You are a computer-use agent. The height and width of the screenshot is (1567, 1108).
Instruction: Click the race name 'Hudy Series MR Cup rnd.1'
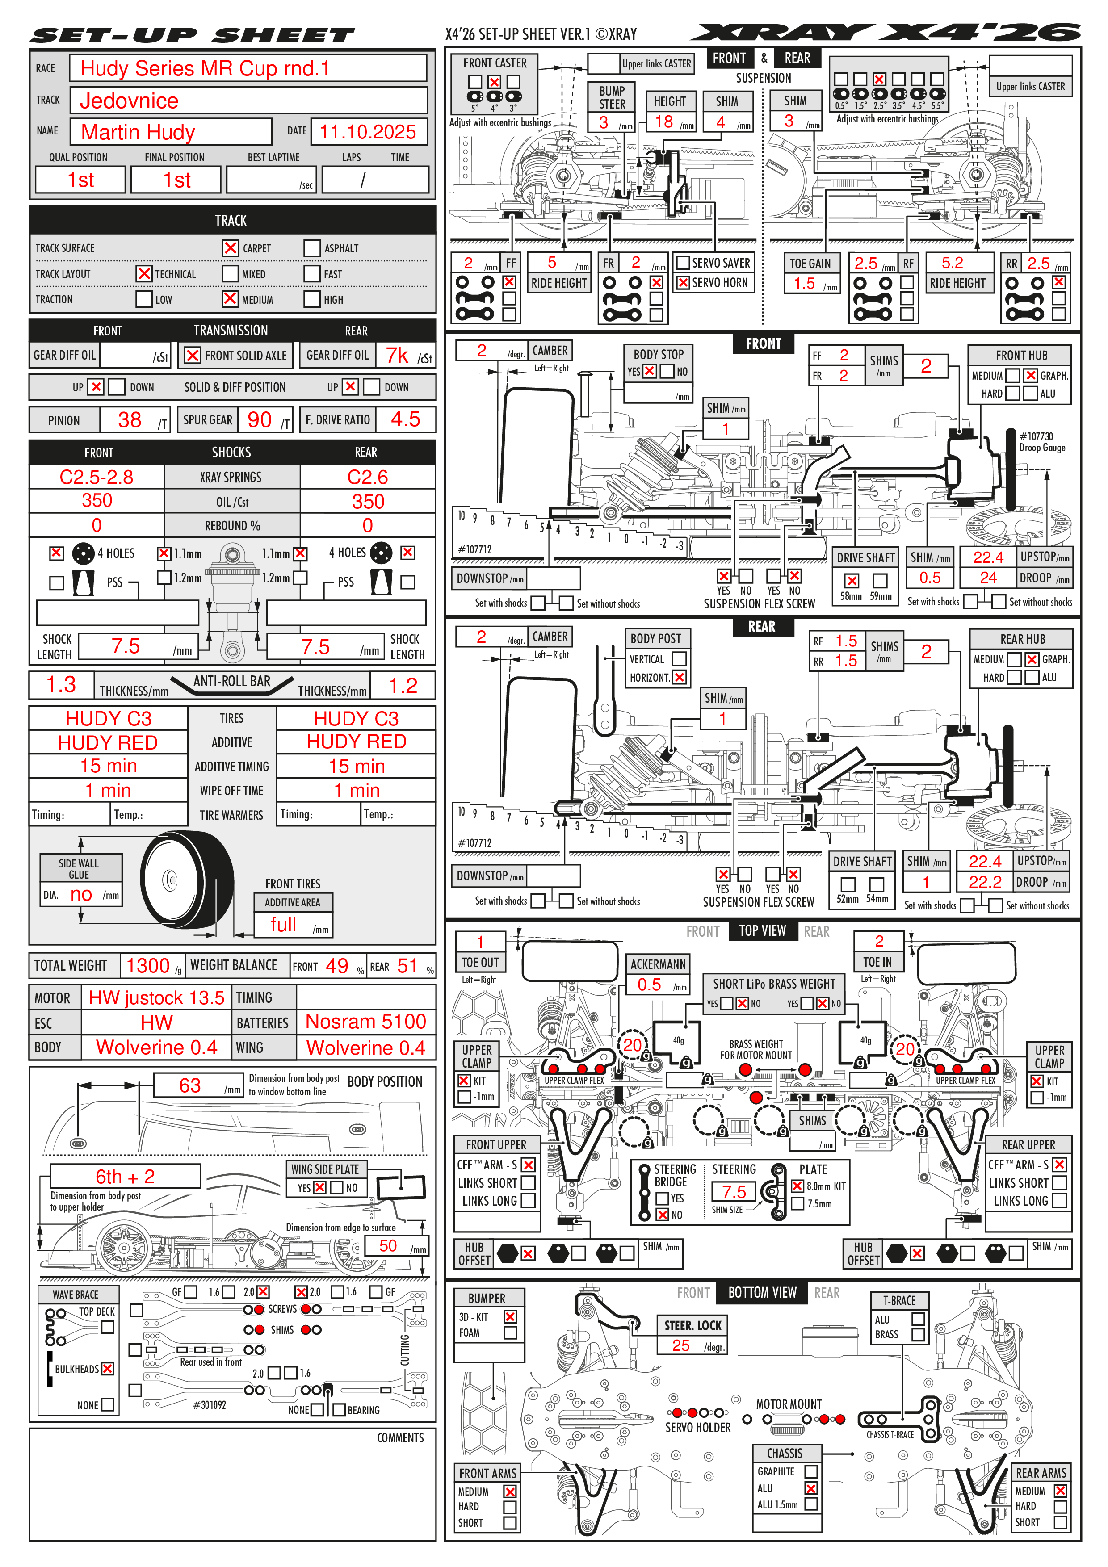click(205, 68)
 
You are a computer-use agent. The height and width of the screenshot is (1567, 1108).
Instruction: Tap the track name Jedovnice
click(129, 101)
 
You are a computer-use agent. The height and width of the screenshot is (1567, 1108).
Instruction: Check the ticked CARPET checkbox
click(231, 248)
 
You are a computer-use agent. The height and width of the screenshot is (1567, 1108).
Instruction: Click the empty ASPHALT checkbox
click(312, 248)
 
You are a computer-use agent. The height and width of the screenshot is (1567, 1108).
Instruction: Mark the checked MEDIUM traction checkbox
click(231, 299)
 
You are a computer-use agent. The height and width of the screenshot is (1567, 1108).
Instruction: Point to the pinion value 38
click(130, 420)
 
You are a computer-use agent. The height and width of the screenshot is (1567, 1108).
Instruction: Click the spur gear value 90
click(260, 420)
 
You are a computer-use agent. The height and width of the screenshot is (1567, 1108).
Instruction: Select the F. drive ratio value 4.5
click(406, 419)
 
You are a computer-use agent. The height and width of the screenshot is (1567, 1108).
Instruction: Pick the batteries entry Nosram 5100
click(366, 1022)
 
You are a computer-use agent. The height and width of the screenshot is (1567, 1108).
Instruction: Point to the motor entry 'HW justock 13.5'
click(156, 998)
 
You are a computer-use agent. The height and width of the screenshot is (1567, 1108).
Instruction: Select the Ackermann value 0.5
click(649, 984)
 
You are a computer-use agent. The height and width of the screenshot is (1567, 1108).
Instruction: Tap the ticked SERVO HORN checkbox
click(683, 283)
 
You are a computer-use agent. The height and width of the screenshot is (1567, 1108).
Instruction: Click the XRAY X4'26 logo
click(886, 32)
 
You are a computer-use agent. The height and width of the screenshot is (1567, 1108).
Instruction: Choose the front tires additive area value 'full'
click(283, 925)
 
